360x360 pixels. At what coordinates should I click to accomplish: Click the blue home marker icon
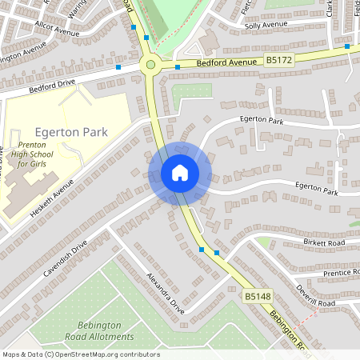[179, 173]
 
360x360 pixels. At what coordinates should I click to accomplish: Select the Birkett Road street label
[323, 242]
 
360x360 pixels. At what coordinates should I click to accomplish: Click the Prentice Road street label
[334, 274]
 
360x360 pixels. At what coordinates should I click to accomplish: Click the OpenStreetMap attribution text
[80, 354]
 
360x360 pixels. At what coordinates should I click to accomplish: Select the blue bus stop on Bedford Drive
[118, 68]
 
